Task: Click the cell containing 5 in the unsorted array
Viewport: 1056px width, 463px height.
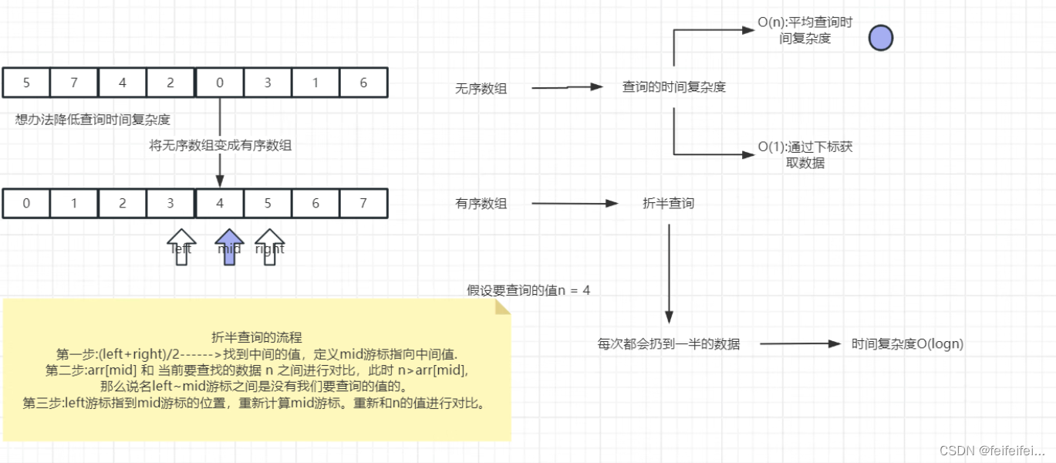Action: point(26,83)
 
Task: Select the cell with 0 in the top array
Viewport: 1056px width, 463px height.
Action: point(220,83)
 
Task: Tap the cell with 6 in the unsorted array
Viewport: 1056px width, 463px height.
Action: point(363,83)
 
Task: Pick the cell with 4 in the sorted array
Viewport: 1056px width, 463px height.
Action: point(220,204)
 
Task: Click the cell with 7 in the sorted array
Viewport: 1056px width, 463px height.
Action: point(363,204)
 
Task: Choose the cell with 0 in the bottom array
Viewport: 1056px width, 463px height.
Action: point(26,204)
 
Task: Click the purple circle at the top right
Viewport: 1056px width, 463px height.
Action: point(880,38)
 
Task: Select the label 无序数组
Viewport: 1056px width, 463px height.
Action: point(481,89)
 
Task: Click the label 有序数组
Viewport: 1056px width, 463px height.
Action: point(481,204)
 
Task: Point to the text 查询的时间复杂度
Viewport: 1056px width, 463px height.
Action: point(674,87)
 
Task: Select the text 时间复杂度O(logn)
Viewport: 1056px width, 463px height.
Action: point(907,344)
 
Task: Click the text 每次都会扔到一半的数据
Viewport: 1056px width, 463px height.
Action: point(669,344)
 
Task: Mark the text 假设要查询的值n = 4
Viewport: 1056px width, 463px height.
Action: point(528,291)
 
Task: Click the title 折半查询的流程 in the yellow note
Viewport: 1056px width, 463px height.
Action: point(257,337)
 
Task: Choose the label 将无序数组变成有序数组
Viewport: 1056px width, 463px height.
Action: point(221,145)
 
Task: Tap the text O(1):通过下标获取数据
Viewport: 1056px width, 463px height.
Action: point(805,154)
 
